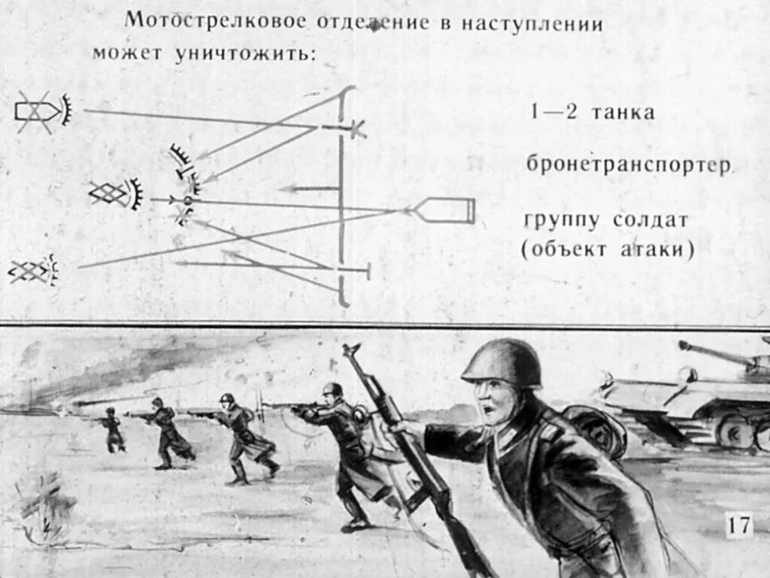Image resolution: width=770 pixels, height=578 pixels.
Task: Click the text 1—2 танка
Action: (592, 113)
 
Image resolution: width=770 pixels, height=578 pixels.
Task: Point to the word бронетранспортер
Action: (629, 165)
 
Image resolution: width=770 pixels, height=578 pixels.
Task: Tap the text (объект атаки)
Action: (608, 250)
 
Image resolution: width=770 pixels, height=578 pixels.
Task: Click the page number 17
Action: (738, 525)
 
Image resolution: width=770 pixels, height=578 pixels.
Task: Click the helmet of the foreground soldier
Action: (502, 362)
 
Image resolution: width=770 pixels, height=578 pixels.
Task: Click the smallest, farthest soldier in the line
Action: (113, 429)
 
